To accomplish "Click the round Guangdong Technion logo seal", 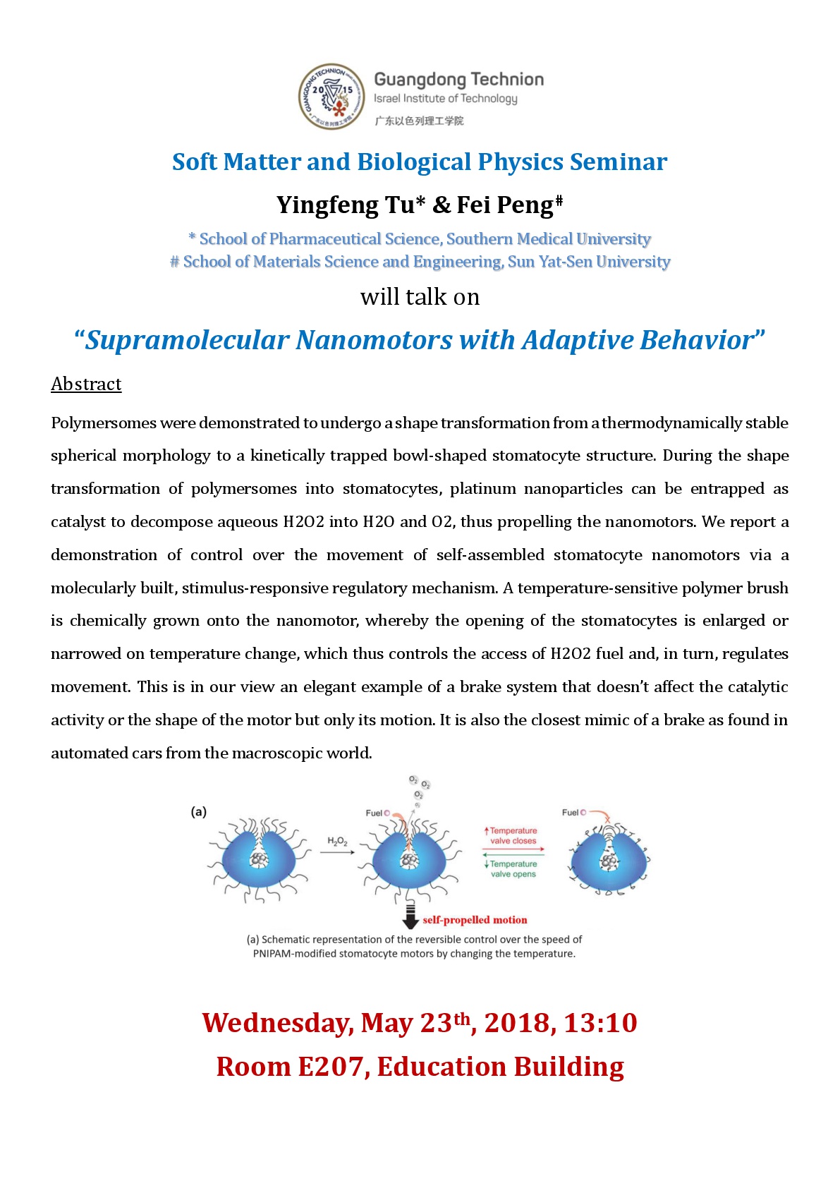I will (x=331, y=97).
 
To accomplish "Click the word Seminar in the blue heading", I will (x=619, y=162).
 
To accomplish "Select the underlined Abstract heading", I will (x=86, y=384).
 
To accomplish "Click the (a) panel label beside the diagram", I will (x=199, y=812).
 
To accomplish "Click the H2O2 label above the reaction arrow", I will (x=337, y=841).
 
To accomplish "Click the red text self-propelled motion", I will (x=475, y=920).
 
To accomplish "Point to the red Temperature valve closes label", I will (x=513, y=836).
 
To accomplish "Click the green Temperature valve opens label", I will (x=513, y=869).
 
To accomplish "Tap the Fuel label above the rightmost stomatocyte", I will (x=571, y=813).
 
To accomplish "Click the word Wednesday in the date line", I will (x=276, y=1023).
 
